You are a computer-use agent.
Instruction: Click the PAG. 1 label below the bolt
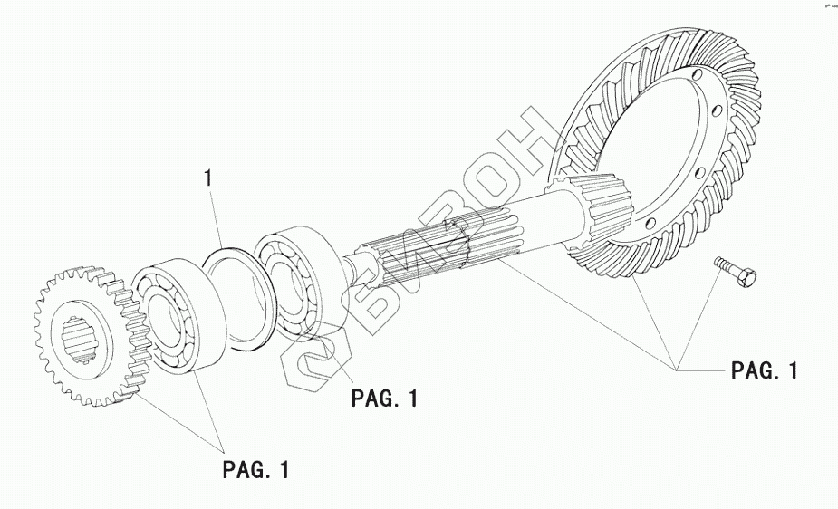[765, 370]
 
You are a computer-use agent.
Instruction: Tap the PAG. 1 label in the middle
[385, 398]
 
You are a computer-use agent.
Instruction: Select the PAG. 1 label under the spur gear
[256, 470]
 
